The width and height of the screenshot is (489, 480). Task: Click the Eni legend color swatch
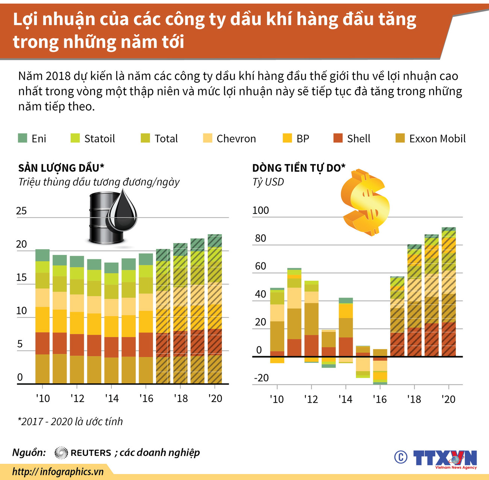click(x=23, y=138)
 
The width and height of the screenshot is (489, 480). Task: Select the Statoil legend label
click(x=99, y=139)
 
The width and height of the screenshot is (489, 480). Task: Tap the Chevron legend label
click(x=236, y=139)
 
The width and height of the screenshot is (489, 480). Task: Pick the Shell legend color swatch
click(x=338, y=138)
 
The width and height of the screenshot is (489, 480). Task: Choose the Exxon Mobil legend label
click(x=437, y=139)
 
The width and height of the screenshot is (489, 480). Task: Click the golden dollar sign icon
click(x=364, y=202)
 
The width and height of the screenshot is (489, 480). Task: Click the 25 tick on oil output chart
click(x=21, y=211)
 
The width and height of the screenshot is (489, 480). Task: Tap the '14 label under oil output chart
click(x=112, y=398)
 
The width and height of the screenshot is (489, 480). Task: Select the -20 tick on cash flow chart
click(x=261, y=378)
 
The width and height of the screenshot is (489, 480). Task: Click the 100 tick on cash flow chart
click(x=260, y=210)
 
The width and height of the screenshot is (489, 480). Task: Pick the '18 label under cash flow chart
click(x=414, y=399)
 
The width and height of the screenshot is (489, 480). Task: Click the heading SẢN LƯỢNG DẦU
click(x=61, y=168)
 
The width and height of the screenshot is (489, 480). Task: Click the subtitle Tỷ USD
click(x=268, y=182)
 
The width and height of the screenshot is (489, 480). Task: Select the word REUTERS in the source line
click(x=91, y=453)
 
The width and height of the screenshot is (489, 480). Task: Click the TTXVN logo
click(x=445, y=459)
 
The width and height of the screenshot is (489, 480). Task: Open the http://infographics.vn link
click(x=58, y=472)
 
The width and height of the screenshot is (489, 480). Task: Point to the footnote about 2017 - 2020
click(x=70, y=421)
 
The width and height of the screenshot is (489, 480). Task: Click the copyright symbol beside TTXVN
click(x=401, y=457)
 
